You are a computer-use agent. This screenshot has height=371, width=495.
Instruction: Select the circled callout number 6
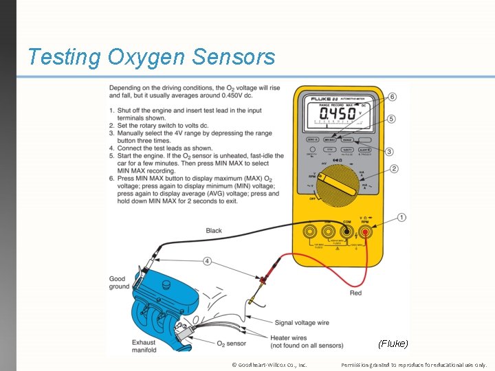391,97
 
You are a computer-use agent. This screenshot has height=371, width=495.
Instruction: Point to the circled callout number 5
391,119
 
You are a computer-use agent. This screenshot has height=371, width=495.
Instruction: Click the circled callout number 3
389,151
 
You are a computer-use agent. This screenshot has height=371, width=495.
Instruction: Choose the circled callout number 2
394,169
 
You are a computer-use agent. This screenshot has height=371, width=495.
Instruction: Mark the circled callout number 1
401,217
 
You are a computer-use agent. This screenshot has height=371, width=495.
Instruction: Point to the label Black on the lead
214,231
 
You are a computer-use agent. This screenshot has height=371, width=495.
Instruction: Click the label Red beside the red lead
355,293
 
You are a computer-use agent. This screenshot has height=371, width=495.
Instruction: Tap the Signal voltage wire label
302,322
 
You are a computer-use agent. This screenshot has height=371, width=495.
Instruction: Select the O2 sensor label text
231,343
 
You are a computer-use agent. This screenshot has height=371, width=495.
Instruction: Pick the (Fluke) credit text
393,343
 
